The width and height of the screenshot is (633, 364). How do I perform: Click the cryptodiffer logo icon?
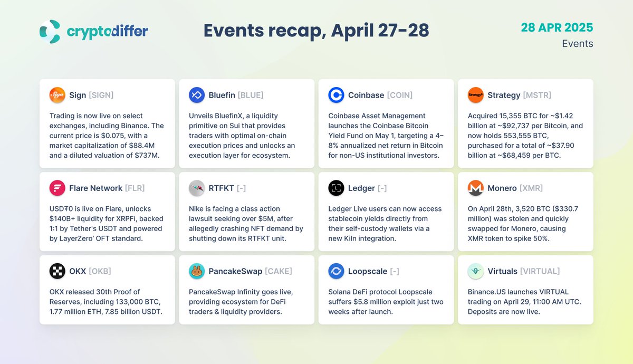50,31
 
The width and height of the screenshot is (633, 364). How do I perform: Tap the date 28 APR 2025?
557,27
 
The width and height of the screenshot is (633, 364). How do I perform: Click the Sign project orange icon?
57,95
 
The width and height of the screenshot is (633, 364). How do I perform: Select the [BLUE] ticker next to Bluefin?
251,95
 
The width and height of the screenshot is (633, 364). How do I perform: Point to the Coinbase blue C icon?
336,95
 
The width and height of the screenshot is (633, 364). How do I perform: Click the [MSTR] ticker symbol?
537,95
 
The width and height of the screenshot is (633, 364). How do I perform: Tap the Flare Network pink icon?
57,188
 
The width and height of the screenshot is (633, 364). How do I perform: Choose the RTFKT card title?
221,188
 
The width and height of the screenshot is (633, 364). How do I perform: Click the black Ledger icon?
336,188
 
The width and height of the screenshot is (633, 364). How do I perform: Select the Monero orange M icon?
476,188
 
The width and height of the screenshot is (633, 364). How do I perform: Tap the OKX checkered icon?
57,271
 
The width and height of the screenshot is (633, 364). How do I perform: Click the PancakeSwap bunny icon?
197,271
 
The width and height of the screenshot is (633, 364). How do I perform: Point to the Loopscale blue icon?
336,271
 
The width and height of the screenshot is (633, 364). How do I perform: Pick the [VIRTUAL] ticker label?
540,271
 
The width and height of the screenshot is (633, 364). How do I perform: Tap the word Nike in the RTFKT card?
196,209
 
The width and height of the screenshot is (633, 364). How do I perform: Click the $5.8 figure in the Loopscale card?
361,302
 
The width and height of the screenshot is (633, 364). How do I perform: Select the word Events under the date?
577,44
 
